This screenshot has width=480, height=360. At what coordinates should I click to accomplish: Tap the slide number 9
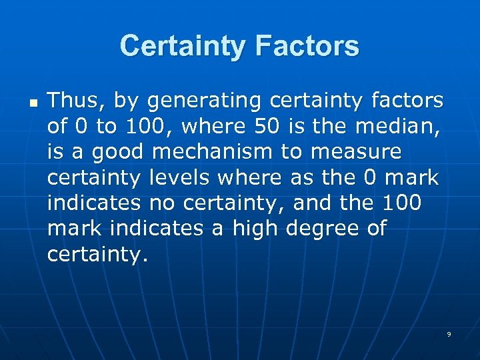pos(449,334)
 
